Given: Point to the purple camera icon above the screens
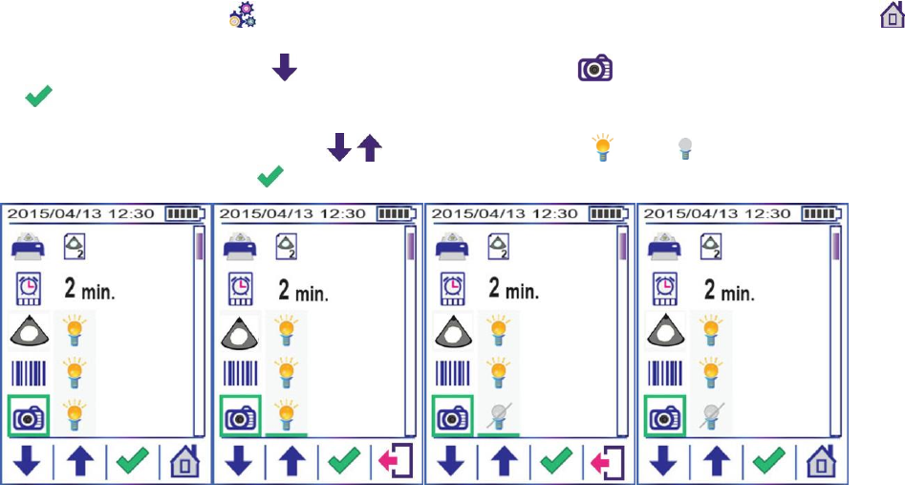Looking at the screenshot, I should coord(593,69).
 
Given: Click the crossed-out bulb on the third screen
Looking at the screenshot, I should coord(498,416).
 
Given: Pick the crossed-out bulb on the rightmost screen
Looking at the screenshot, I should coord(709,416).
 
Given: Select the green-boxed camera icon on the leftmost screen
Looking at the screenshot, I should coord(26,417).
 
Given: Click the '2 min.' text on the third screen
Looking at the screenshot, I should coord(513,289).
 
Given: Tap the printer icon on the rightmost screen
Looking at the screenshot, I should coord(663,248).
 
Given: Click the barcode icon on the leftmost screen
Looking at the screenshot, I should coord(27,374).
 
